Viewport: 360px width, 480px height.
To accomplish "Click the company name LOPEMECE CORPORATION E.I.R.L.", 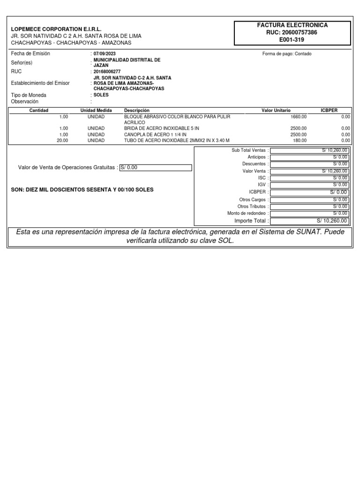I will click(x=56, y=29).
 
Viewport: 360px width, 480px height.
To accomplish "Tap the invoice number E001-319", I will click(x=292, y=40).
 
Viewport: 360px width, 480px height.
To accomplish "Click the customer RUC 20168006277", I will click(x=107, y=72).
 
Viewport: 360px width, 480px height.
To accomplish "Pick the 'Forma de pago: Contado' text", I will click(x=287, y=54).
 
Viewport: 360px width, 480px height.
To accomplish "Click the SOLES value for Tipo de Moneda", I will click(x=101, y=95).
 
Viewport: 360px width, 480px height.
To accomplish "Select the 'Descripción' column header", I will click(x=136, y=110).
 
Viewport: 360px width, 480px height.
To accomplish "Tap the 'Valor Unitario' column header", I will click(x=276, y=110).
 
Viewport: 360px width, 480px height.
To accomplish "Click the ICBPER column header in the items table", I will click(x=329, y=110).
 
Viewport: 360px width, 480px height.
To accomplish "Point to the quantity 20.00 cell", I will click(x=62, y=140).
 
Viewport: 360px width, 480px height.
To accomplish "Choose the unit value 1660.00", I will click(x=299, y=116).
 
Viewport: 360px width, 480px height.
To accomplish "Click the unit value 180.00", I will click(x=300, y=140).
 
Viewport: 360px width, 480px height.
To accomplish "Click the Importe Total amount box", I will click(x=309, y=221).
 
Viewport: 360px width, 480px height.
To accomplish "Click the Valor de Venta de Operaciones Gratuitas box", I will click(x=156, y=168).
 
